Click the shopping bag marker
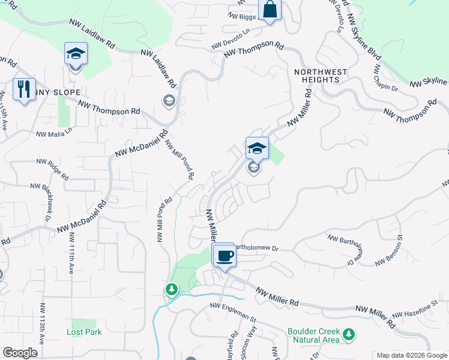point(270,10)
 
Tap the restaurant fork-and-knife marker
point(24,89)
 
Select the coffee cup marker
point(224,256)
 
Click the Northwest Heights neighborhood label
point(321,76)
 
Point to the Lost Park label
point(84,332)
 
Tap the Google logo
point(20,353)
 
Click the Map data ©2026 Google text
point(411,355)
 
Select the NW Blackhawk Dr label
point(46,207)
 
